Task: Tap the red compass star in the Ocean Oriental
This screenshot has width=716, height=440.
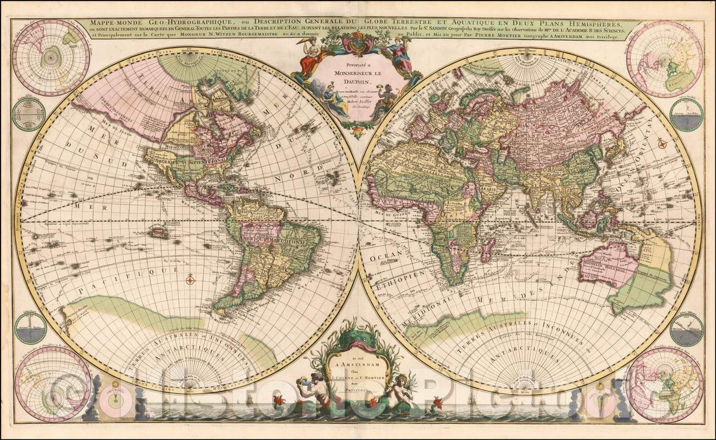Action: [x=663, y=145]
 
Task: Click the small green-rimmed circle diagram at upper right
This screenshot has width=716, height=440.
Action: [x=686, y=114]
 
